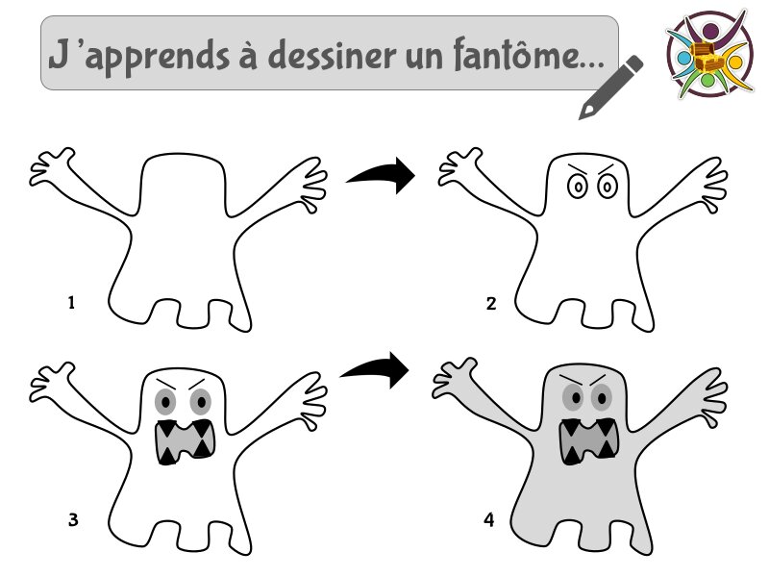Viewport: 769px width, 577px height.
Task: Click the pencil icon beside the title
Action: point(610,88)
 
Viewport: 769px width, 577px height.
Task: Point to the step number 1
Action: point(71,302)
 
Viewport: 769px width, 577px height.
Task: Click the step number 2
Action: point(491,303)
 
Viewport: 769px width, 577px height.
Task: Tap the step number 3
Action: point(73,519)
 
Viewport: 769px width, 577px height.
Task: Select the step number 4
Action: point(489,519)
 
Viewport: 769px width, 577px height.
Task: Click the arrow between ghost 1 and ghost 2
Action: point(382,175)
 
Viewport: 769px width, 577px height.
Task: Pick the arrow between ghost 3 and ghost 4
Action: point(375,369)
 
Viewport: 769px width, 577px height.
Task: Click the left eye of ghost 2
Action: point(578,187)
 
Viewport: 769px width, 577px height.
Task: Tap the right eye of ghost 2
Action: point(608,187)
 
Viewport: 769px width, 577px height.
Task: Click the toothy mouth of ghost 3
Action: point(185,441)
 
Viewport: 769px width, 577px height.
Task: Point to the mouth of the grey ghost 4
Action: point(588,441)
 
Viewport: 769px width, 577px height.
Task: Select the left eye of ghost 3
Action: point(165,402)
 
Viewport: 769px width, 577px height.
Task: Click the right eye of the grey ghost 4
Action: point(602,397)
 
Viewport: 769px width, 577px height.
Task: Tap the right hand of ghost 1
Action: point(311,184)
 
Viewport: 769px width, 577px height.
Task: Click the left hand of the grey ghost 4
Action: point(452,377)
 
